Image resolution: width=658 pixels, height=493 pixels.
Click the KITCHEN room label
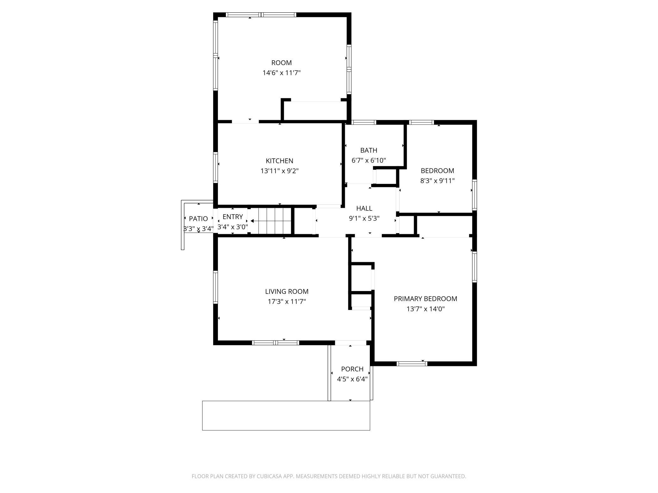point(279,161)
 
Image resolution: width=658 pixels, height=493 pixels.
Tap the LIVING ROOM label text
point(287,291)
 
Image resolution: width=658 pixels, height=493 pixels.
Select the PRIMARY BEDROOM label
point(425,299)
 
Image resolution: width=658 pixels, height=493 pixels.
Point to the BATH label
point(369,150)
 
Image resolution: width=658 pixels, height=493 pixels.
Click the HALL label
point(364,208)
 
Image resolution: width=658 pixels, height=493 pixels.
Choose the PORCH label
point(352,369)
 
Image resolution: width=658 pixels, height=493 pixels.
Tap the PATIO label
point(198,219)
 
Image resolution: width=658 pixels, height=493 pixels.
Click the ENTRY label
point(233,217)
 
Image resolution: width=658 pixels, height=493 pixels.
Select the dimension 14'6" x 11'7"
point(281,73)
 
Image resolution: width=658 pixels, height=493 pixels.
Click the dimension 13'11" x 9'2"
point(279,171)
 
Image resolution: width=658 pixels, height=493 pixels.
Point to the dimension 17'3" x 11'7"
point(287,301)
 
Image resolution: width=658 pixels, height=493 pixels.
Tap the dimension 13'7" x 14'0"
point(425,309)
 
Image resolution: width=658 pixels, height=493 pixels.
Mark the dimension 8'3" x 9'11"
point(437,181)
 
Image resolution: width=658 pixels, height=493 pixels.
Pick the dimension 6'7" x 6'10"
point(369,160)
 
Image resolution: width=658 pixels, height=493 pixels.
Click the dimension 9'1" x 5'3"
point(364,218)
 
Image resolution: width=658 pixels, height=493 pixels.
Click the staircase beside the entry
point(271,221)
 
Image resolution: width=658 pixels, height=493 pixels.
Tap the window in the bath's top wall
point(364,122)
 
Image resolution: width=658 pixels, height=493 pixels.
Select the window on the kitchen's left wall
point(216,167)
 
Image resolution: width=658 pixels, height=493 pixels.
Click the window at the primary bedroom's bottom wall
point(412,363)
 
